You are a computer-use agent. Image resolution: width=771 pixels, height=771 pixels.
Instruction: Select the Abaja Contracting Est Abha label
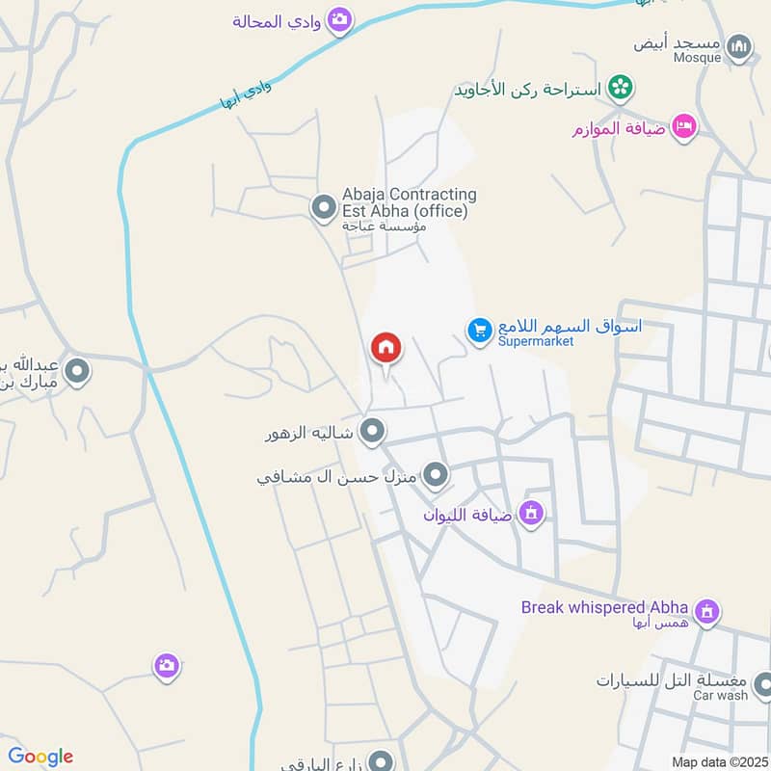point(409,202)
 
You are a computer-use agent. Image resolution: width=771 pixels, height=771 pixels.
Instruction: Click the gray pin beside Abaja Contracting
point(322,207)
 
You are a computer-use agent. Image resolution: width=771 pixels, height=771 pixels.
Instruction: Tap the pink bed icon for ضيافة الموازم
point(683,126)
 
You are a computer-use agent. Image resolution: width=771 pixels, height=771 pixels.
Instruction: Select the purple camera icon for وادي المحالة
point(339,19)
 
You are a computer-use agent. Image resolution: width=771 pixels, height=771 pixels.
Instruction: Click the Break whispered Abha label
point(604,607)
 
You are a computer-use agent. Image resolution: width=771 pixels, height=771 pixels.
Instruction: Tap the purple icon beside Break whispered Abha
point(708,611)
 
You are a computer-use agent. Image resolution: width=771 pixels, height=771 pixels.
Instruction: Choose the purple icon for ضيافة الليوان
point(530,514)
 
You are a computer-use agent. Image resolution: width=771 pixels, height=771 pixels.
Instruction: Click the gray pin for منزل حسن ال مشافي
point(437,474)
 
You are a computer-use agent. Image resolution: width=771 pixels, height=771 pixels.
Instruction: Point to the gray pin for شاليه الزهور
point(372,431)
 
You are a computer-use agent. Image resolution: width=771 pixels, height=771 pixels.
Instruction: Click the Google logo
point(40,757)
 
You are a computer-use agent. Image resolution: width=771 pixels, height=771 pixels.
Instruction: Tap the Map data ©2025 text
point(719,761)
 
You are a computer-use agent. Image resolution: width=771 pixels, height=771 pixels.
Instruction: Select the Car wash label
point(721,695)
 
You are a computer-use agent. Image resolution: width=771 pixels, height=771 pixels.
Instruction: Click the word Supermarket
point(535,341)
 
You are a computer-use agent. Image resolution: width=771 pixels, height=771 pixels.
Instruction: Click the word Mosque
point(697,58)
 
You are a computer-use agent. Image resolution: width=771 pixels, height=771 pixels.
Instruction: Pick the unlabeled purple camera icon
point(167,666)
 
